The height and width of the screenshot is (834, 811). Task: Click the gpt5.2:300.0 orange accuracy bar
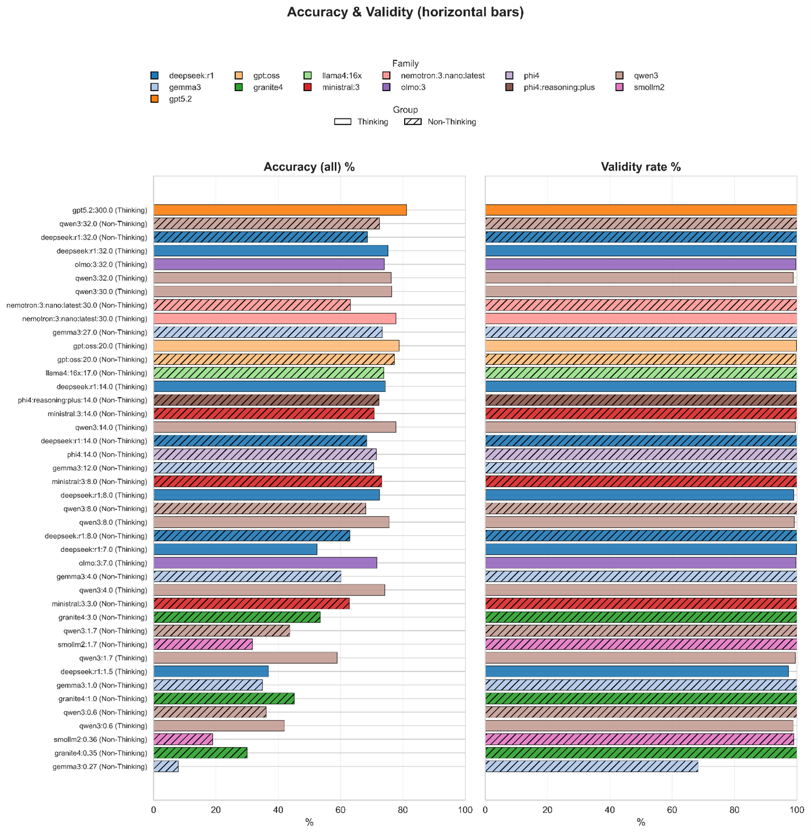point(280,210)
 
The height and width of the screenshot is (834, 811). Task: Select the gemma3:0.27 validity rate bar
point(591,766)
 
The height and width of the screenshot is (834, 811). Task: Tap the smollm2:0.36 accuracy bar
point(183,739)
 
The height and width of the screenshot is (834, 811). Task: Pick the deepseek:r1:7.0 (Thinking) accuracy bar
point(235,549)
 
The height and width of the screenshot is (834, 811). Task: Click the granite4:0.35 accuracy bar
point(200,753)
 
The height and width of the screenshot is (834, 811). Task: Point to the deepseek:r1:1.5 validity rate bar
point(636,671)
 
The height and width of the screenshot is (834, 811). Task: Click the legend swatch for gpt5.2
point(155,99)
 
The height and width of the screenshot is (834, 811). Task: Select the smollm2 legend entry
point(649,87)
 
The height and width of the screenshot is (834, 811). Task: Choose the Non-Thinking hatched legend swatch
point(413,122)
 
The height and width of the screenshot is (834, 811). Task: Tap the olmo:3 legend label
point(413,87)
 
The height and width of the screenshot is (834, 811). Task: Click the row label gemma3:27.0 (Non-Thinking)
point(100,332)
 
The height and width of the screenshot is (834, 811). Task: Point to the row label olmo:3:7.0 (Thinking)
point(112,563)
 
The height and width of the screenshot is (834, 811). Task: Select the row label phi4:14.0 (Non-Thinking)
point(107,454)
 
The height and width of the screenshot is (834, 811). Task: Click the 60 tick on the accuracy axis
point(341,810)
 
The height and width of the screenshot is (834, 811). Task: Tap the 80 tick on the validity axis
point(734,810)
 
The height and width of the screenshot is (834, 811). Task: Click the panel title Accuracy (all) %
point(309,167)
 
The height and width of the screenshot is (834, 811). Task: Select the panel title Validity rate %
point(641,167)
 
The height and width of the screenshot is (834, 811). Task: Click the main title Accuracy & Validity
point(405,12)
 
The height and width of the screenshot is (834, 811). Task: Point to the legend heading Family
point(405,64)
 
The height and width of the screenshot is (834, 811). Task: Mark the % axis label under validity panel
point(641,822)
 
